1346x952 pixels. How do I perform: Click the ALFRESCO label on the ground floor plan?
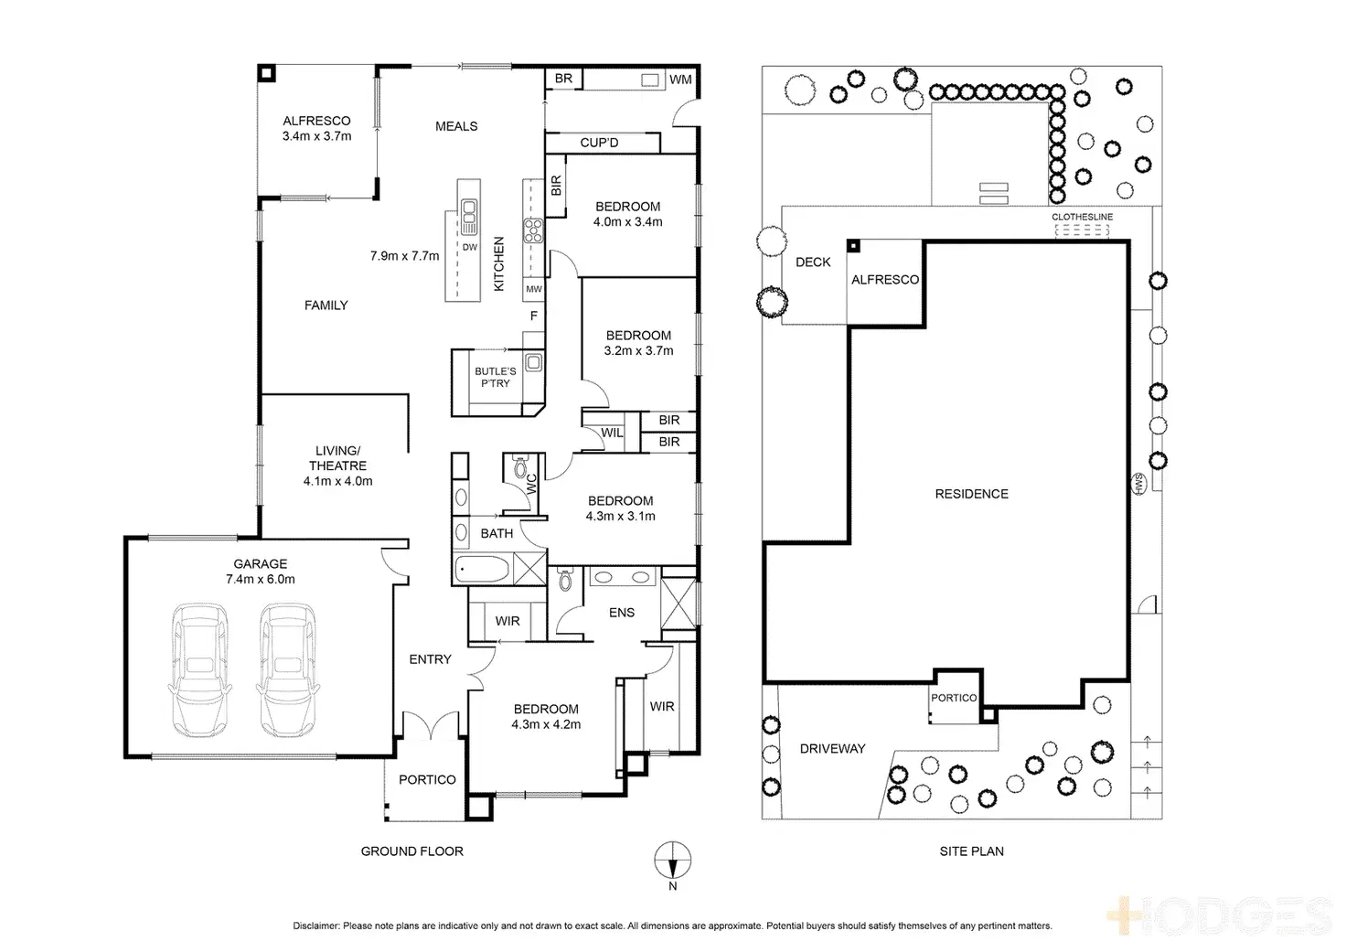pyautogui.click(x=316, y=121)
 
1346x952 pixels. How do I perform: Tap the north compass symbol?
pyautogui.click(x=672, y=860)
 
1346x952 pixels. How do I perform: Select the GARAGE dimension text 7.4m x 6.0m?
pyautogui.click(x=261, y=580)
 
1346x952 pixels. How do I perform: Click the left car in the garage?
pyautogui.click(x=200, y=669)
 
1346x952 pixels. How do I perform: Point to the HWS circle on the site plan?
pyautogui.click(x=1138, y=484)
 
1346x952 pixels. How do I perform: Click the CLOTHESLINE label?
pyautogui.click(x=1083, y=217)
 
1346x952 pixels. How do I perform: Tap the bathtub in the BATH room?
pyautogui.click(x=483, y=569)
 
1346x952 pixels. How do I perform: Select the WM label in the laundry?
pyautogui.click(x=680, y=80)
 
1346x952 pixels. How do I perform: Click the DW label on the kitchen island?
pyautogui.click(x=469, y=247)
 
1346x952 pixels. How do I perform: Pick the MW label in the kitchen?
pyautogui.click(x=534, y=289)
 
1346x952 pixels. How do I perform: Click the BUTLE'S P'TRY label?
pyautogui.click(x=495, y=378)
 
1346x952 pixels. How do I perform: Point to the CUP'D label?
pyautogui.click(x=599, y=143)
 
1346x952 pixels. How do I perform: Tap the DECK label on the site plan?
pyautogui.click(x=813, y=262)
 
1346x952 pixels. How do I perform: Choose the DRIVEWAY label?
pyautogui.click(x=832, y=748)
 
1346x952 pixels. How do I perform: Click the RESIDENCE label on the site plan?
pyautogui.click(x=972, y=494)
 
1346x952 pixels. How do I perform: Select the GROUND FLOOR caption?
pyautogui.click(x=412, y=851)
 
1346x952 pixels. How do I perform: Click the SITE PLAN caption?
pyautogui.click(x=972, y=851)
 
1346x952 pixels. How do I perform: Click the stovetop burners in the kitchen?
pyautogui.click(x=533, y=230)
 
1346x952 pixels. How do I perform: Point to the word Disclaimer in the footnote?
pyautogui.click(x=316, y=925)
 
